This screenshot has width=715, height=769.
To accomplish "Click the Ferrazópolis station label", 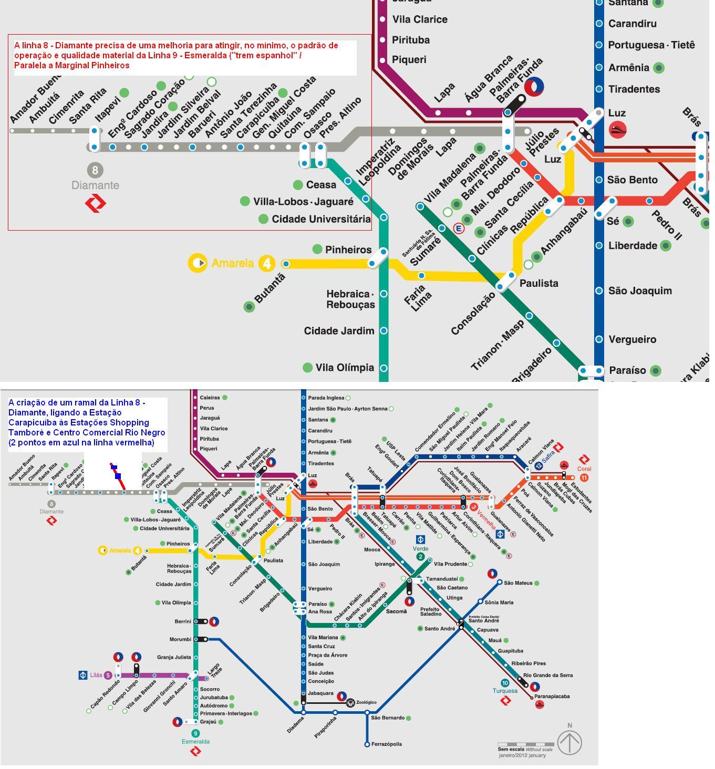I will (386, 744).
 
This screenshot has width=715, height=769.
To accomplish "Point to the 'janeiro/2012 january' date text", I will (522, 755).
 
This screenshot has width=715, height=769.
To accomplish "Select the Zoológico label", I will (366, 702).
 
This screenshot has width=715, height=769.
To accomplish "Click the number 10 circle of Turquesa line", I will (505, 683).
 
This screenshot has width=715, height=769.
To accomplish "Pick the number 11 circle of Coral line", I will (584, 477).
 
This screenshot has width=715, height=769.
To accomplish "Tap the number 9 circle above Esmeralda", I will (195, 733).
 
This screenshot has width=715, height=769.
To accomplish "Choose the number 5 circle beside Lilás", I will (108, 676).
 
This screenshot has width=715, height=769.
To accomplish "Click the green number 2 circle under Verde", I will (420, 557).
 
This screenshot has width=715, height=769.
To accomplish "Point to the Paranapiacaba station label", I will (552, 697).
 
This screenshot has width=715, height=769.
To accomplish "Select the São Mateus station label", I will (518, 583).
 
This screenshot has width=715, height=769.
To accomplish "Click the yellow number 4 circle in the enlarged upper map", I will (267, 263).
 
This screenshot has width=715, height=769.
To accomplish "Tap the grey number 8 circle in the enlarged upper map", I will (95, 170).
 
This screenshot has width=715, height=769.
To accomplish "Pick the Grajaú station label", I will (208, 722).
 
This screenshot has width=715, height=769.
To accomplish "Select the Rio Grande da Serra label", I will (548, 675).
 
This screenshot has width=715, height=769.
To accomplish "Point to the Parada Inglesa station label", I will (326, 398).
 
